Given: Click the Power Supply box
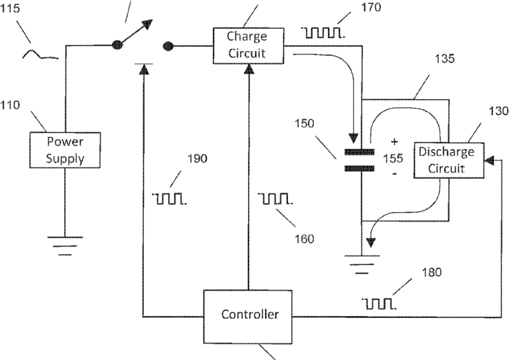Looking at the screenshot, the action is pyautogui.click(x=65, y=150).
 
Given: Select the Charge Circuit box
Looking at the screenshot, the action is pyautogui.click(x=249, y=45).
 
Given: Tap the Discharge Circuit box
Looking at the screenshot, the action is pyautogui.click(x=449, y=160).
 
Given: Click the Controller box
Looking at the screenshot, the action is pyautogui.click(x=248, y=317).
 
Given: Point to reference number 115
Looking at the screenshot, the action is pyautogui.click(x=10, y=8).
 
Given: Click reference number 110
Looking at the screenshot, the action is pyautogui.click(x=10, y=105).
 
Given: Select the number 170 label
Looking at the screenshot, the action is pyautogui.click(x=371, y=7).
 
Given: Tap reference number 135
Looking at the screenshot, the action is pyautogui.click(x=444, y=59).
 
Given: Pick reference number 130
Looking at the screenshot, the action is pyautogui.click(x=499, y=112).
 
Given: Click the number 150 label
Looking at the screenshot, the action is pyautogui.click(x=304, y=123).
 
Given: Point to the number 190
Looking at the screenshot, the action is pyautogui.click(x=198, y=158).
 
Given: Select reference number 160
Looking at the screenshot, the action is pyautogui.click(x=304, y=239).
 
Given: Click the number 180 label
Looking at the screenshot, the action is pyautogui.click(x=431, y=272).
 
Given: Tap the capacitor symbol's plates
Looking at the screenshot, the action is pyautogui.click(x=360, y=160).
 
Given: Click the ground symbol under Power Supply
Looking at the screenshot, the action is pyautogui.click(x=65, y=246).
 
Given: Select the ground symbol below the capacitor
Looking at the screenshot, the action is pyautogui.click(x=362, y=264).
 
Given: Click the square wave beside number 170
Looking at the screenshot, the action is pyautogui.click(x=322, y=33).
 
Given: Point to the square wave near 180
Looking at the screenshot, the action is pyautogui.click(x=379, y=304).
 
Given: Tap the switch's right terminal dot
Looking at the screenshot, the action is pyautogui.click(x=168, y=46).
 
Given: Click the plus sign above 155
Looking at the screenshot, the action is pyautogui.click(x=394, y=142).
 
